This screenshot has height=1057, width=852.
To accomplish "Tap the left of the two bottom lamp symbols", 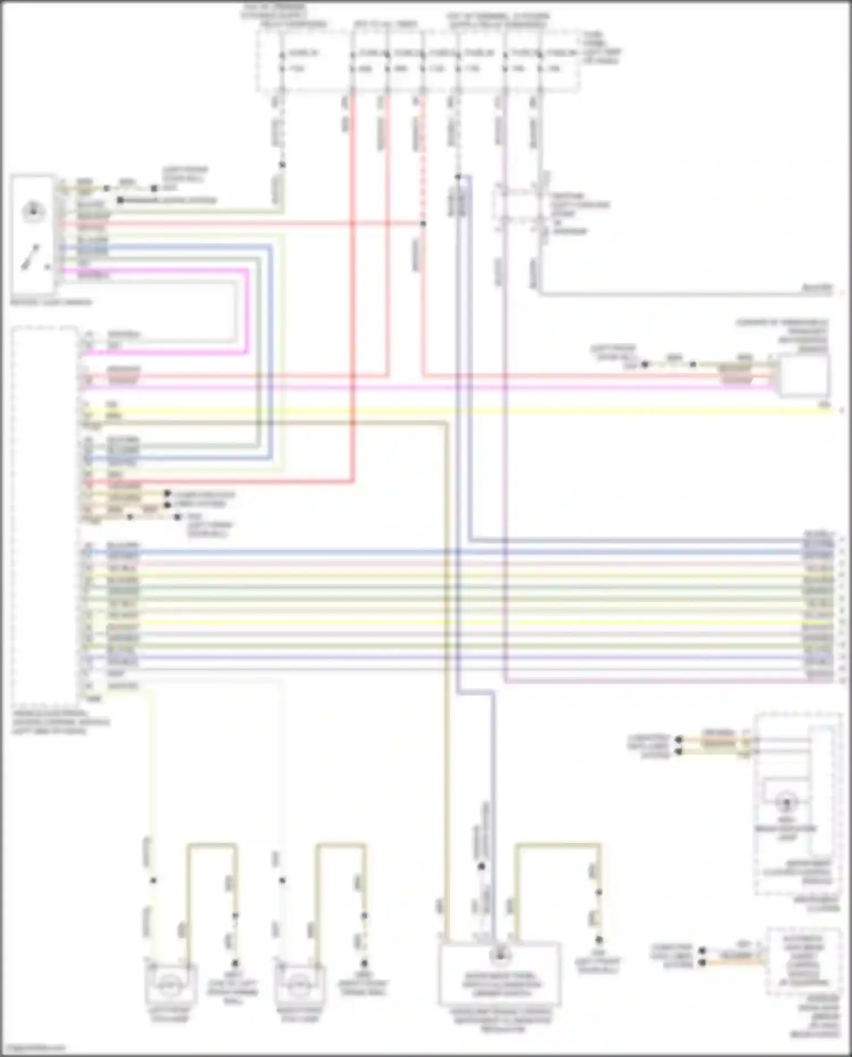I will (168, 986).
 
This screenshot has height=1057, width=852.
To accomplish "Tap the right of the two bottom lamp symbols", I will (298, 986).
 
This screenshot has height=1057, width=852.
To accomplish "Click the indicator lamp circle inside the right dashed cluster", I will (787, 803).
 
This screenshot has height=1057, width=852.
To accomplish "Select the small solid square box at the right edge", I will (803, 375).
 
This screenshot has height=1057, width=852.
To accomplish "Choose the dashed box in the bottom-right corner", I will (803, 961).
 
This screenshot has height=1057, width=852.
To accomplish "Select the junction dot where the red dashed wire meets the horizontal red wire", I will (423, 224).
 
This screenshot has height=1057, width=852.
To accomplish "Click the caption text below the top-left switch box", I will (51, 302).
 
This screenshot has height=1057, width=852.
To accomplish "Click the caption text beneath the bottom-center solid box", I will (500, 1020).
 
